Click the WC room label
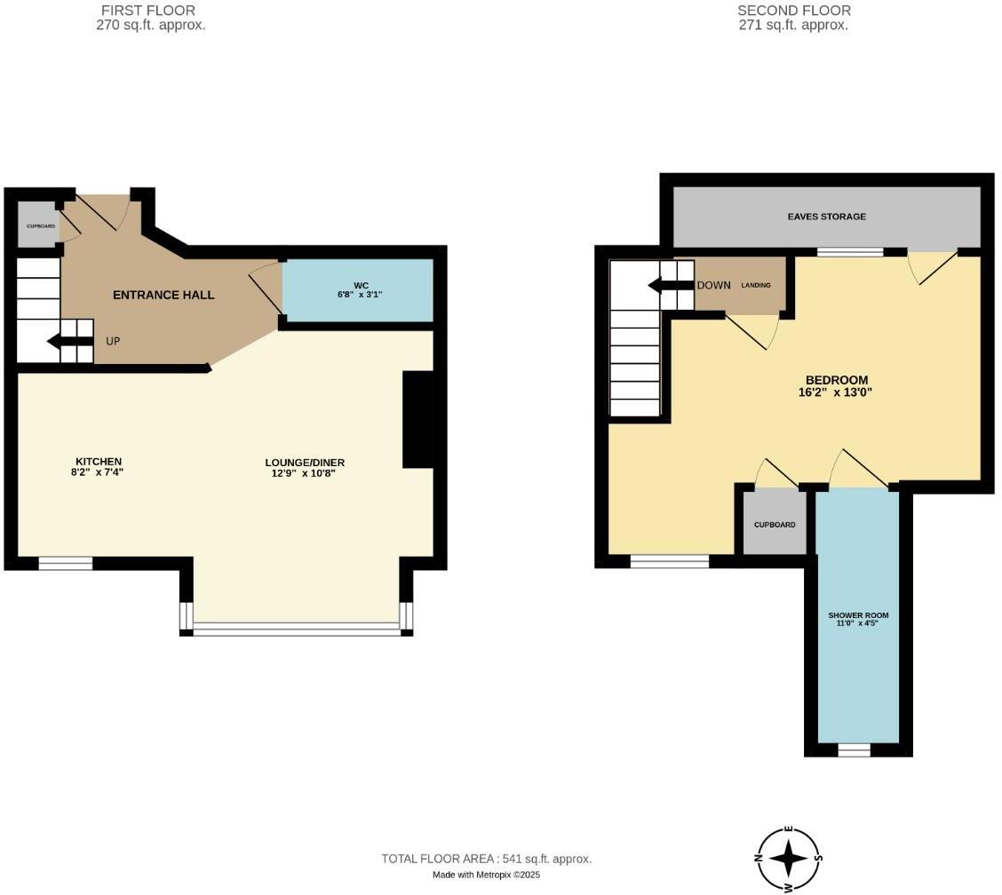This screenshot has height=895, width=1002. point(361,286)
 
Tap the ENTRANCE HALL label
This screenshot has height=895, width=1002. point(163,295)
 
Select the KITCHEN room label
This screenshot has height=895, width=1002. point(98,462)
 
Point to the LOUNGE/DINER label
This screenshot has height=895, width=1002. point(305,463)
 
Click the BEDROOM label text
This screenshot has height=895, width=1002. point(836,380)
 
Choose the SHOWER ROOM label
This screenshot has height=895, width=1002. point(858,615)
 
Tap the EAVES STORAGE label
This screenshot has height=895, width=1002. point(826,217)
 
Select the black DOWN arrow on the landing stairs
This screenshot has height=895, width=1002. point(671,285)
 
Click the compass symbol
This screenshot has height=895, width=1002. point(789,859)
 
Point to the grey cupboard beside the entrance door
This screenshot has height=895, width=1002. point(38,226)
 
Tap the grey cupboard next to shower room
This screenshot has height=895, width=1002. point(774,524)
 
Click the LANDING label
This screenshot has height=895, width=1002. point(756,285)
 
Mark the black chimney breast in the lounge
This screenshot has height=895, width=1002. point(417,419)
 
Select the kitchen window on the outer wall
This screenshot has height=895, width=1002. point(65,563)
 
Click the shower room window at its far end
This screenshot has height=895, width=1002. point(854,750)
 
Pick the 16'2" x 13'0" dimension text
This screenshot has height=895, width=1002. point(835,392)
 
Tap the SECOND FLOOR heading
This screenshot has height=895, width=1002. point(793,11)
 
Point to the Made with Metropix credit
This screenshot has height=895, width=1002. point(486,875)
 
